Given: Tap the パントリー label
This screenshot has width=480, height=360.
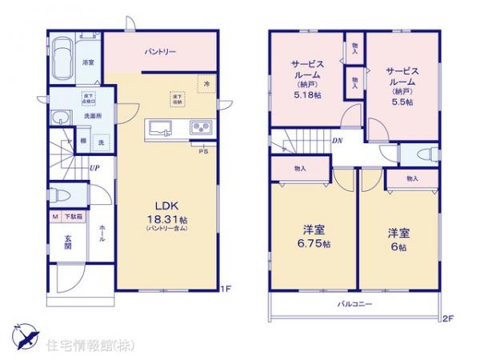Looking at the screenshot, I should pyautogui.click(x=160, y=52).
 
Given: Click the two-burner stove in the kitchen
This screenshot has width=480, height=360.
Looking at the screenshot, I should pyautogui.click(x=199, y=129).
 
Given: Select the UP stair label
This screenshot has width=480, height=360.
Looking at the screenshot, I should pyautogui.click(x=95, y=168).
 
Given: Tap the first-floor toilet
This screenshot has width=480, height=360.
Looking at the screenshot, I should pyautogui.click(x=65, y=194).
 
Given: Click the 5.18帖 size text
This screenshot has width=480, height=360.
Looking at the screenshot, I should pyautogui.click(x=305, y=93).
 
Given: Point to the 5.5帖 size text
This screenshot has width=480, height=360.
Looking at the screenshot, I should pyautogui.click(x=402, y=102).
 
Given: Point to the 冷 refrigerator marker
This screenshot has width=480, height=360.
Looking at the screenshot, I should pyautogui.click(x=205, y=83).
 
